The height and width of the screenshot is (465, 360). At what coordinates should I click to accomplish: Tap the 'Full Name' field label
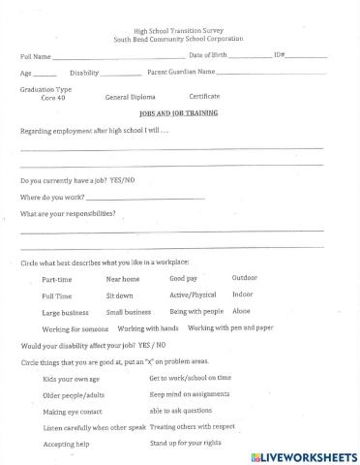pyautogui.click(x=36, y=57)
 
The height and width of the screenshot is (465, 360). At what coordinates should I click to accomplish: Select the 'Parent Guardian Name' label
pyautogui.click(x=180, y=73)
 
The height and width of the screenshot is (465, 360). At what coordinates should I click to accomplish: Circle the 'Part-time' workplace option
pyautogui.click(x=56, y=279)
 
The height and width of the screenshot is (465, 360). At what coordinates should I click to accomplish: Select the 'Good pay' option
pyautogui.click(x=183, y=278)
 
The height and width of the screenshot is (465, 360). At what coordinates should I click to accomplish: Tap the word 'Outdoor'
pyautogui.click(x=245, y=277)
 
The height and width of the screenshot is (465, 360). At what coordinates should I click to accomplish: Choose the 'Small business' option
pyautogui.click(x=129, y=312)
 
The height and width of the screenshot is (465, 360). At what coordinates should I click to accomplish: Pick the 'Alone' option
pyautogui.click(x=241, y=311)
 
